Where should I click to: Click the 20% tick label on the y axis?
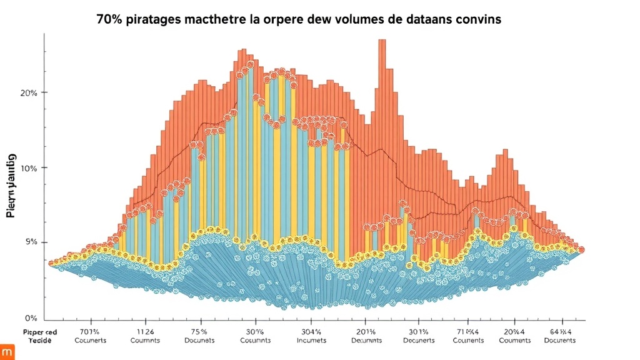[x=29, y=92]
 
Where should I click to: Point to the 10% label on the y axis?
[x=29, y=168]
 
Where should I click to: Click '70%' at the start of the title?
[x=109, y=19]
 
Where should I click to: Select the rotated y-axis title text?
[x=11, y=185]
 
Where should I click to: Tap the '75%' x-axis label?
[x=199, y=331]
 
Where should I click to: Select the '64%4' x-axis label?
[x=559, y=331]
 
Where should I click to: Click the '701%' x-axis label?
[x=91, y=331]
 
